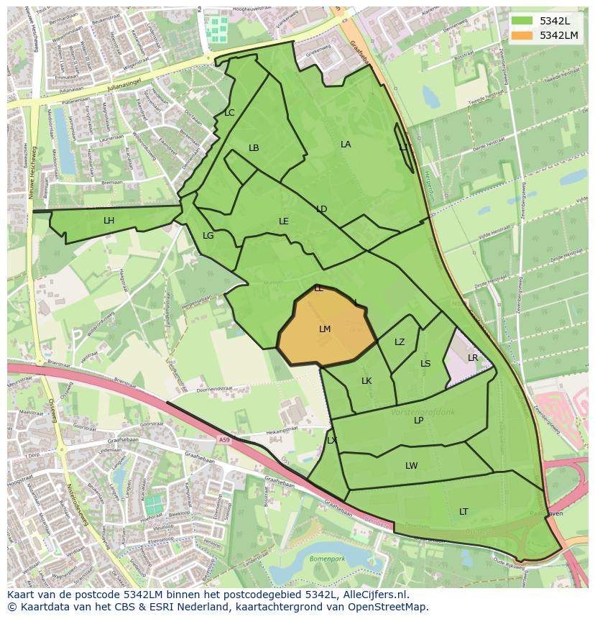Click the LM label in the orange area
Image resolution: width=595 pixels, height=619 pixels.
coord(325,329)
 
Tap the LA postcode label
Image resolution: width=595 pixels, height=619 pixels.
coord(346,145)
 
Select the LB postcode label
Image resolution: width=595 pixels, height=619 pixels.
coord(254,148)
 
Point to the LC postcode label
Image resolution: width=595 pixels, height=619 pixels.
coord(229,113)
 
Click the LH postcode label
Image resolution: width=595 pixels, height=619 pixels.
coord(109,221)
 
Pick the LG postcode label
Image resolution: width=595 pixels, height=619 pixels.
coord(208,236)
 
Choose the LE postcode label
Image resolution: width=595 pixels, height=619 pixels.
coord(284,221)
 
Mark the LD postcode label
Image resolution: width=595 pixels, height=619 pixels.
coord(321,209)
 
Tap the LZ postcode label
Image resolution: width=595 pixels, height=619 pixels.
coord(400,342)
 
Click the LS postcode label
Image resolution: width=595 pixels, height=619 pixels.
coord(425,364)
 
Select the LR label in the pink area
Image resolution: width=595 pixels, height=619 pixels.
coord(473,358)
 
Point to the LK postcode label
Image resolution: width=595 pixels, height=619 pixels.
coord(366,381)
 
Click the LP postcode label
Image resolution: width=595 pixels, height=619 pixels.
coord(419,421)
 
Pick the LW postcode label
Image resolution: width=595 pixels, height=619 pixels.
coord(411,466)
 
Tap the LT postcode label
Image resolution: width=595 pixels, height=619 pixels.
coord(463,512)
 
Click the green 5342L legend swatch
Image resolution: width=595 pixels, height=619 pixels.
coord(522,20)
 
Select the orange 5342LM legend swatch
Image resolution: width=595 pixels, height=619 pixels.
coord(522,35)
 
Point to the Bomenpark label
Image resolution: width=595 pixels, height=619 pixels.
coord(327,559)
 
